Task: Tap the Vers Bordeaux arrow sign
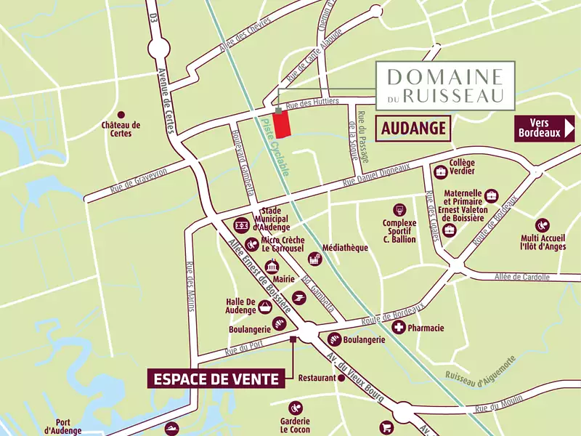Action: click(x=545, y=128)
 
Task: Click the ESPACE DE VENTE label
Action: click(x=215, y=379)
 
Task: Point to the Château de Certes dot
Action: click(x=121, y=115)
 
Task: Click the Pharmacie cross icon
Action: click(x=399, y=328)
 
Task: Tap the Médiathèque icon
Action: click(x=314, y=258)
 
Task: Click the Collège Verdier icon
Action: click(x=440, y=172)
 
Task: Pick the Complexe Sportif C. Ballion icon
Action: click(x=399, y=210)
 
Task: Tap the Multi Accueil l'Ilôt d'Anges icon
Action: click(x=542, y=226)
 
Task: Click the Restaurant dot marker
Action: click(x=341, y=378)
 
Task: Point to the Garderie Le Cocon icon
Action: click(x=295, y=408)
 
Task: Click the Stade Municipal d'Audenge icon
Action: click(x=240, y=225)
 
